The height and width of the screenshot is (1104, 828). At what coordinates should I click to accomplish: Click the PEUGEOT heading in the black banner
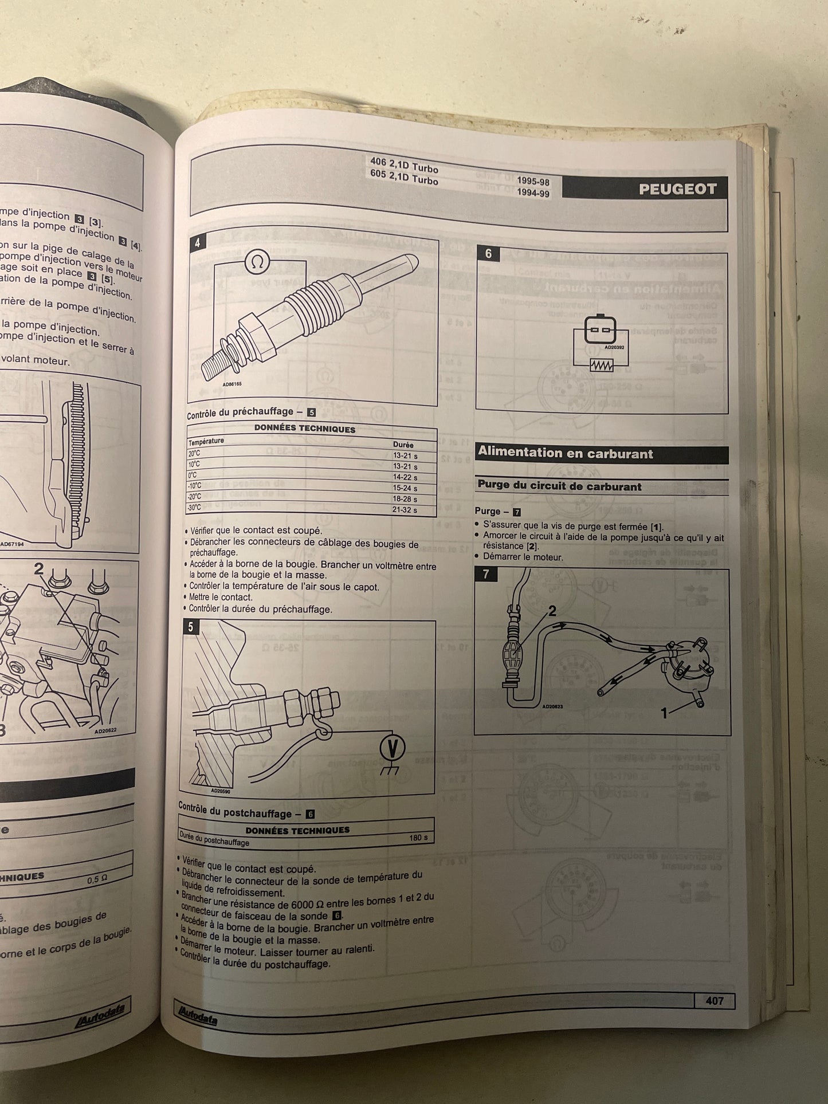[x=677, y=190]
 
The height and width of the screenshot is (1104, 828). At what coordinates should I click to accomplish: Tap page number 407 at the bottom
[x=714, y=1001]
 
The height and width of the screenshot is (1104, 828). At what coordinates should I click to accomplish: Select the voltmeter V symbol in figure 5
[x=393, y=748]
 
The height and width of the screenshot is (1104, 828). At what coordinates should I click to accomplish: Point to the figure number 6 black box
[x=488, y=254]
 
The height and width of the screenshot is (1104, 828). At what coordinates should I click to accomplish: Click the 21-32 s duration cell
[x=405, y=510]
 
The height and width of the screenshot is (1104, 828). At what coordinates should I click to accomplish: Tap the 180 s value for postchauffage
[x=418, y=838]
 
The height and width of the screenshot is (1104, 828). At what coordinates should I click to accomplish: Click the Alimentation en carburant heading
[x=565, y=453]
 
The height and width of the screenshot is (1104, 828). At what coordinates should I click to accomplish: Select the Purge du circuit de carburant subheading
[x=559, y=486]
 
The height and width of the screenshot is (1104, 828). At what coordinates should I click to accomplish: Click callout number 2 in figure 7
[x=552, y=611]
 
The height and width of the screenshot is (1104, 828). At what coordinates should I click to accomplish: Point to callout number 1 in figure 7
[x=664, y=713]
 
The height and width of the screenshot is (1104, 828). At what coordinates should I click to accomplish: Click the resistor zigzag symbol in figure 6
[x=601, y=365]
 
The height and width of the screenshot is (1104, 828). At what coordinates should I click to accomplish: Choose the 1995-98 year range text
[x=533, y=182]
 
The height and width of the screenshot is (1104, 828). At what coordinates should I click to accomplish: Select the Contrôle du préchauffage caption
[x=241, y=411]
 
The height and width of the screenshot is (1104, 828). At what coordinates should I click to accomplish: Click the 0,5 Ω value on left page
[x=97, y=879]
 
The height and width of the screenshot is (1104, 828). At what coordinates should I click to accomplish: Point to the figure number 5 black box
[x=190, y=627]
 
